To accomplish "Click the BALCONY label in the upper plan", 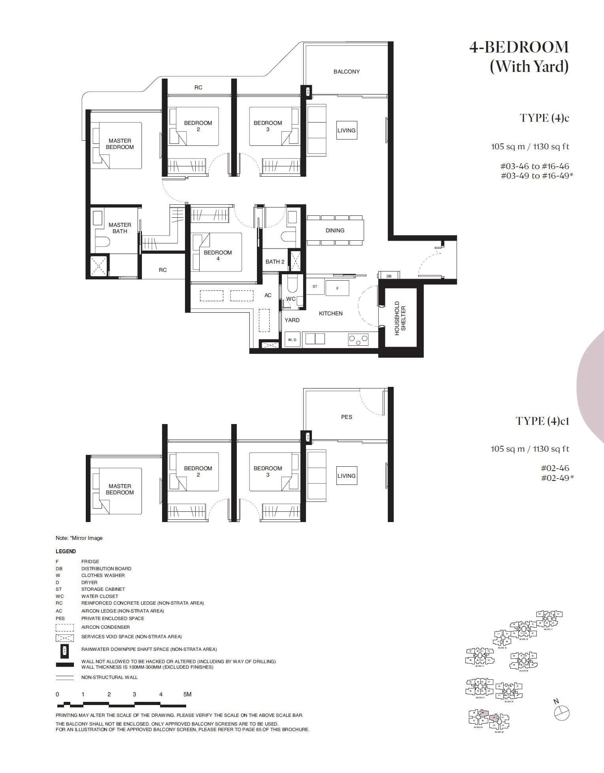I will pyautogui.click(x=346, y=72).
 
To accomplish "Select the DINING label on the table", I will pyautogui.click(x=335, y=230).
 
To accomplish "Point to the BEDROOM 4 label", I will pyautogui.click(x=218, y=255).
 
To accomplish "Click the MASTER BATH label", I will pyautogui.click(x=120, y=228).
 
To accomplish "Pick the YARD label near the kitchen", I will pyautogui.click(x=292, y=320).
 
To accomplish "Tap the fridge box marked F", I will pyautogui.click(x=337, y=288).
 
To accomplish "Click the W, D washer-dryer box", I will pyautogui.click(x=292, y=340).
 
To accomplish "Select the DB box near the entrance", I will pyautogui.click(x=389, y=276).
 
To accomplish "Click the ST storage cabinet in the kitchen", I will pyautogui.click(x=315, y=287).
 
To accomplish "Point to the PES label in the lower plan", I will pyautogui.click(x=346, y=417).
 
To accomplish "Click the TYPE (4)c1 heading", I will pyautogui.click(x=542, y=421).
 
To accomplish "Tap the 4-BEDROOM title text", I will pyautogui.click(x=519, y=47).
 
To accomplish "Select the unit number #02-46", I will pyautogui.click(x=555, y=468).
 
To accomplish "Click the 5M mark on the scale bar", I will pyautogui.click(x=187, y=694).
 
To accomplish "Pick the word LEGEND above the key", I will pyautogui.click(x=66, y=551).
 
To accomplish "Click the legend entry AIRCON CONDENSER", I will pyautogui.click(x=106, y=627).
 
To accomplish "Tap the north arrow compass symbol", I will pyautogui.click(x=562, y=712).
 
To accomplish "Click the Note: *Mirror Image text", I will pyautogui.click(x=79, y=538).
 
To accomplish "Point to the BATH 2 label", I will pyautogui.click(x=275, y=262).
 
